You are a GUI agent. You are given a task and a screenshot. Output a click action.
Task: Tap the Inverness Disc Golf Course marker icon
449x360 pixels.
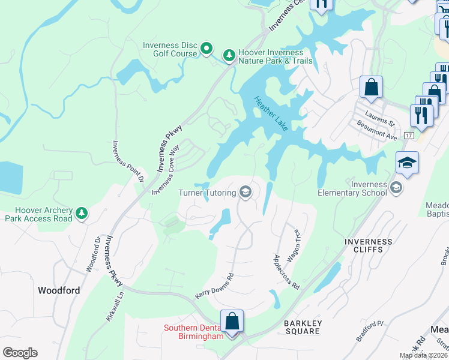[206, 48]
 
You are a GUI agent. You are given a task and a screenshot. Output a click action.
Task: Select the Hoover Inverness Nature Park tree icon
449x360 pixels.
[229, 56]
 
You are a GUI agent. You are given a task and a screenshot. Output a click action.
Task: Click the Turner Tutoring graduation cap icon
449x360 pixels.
[245, 192]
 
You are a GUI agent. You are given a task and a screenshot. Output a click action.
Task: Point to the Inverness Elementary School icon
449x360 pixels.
[396, 188]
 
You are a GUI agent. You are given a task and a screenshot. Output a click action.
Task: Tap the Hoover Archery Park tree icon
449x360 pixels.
[82, 213]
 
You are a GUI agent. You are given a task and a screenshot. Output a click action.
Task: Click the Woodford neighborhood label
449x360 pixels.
[59, 290]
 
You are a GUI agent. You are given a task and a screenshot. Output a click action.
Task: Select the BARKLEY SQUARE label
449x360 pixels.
[303, 328]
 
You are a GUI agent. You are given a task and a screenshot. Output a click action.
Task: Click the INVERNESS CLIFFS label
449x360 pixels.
[369, 245]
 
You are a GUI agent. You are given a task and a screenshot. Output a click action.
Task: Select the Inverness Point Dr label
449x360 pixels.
[128, 161]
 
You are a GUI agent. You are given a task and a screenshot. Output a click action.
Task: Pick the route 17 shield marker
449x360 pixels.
[408, 136]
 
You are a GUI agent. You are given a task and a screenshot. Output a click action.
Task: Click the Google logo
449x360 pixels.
[20, 353]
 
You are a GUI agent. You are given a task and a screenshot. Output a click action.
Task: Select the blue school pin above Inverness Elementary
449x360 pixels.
[407, 163]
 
